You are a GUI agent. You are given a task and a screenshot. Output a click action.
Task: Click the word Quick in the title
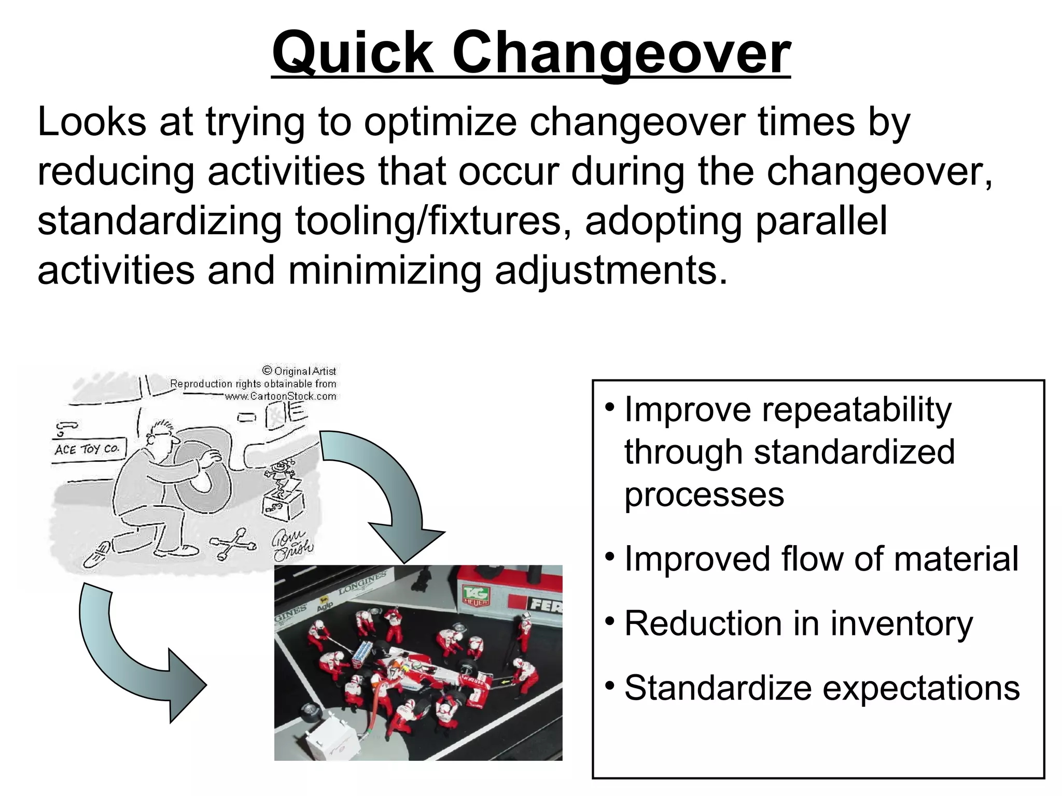click(353, 52)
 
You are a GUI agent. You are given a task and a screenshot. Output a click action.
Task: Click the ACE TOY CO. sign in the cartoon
click(87, 449)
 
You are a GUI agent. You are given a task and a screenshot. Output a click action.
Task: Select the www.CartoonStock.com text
click(280, 396)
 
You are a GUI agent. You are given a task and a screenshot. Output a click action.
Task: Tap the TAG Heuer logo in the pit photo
click(476, 596)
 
